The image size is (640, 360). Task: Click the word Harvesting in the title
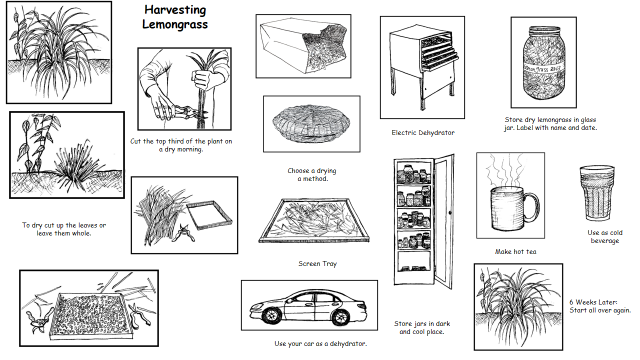(x=175, y=9)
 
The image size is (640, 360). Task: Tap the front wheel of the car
(x=271, y=314)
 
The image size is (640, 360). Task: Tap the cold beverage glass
(x=597, y=193)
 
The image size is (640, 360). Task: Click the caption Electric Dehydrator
(x=423, y=133)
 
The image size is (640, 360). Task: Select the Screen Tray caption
(x=318, y=264)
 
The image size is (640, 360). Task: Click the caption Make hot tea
(x=516, y=251)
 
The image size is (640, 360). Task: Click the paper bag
(x=304, y=45)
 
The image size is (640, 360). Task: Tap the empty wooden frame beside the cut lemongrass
(x=209, y=215)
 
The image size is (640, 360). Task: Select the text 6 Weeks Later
(x=593, y=302)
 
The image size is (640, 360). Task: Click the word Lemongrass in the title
(x=175, y=24)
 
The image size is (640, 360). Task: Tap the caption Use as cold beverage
(x=605, y=237)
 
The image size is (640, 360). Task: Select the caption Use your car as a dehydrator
(x=320, y=344)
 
